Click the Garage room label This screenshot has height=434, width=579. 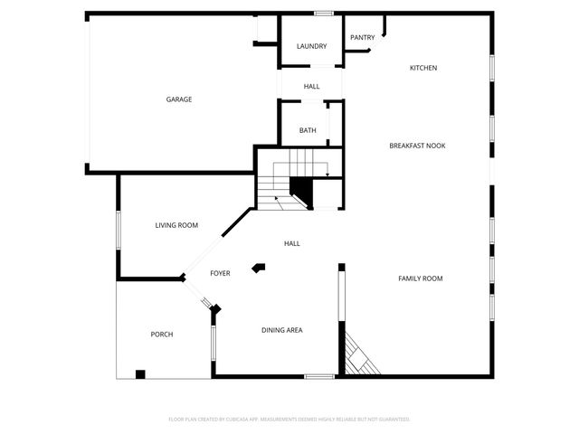coord(178,99)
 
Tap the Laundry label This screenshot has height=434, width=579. coord(312,46)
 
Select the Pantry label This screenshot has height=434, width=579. coord(363,37)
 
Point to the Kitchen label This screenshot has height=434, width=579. coord(423,69)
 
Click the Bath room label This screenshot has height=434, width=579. coord(308,131)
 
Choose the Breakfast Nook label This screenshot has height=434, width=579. coord(417,146)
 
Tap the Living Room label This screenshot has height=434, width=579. coord(176,225)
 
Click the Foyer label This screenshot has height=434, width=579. coord(220,273)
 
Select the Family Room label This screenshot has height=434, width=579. coord(421,278)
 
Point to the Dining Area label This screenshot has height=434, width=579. coord(282,330)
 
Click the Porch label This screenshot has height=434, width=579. coord(162,335)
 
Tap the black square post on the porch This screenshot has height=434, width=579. coord(140,373)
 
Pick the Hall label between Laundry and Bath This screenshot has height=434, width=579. coord(311,87)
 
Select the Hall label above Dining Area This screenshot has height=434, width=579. coord(292,243)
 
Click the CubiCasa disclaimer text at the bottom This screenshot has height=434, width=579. coord(289,420)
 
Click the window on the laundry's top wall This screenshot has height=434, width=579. coord(323,14)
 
